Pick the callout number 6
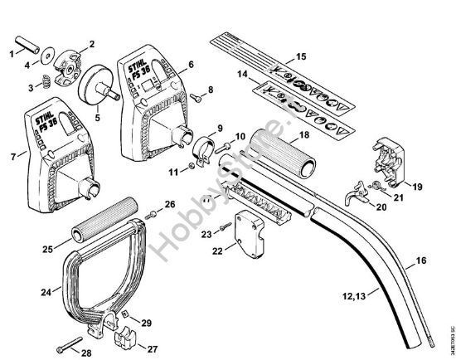(x=191, y=63)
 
